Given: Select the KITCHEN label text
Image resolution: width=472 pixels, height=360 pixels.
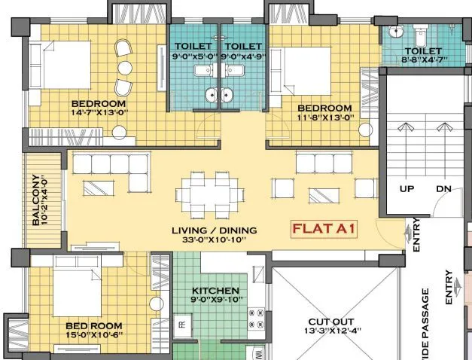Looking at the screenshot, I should (x=215, y=291).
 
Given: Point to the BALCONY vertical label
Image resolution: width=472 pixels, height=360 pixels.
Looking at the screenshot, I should (x=36, y=200).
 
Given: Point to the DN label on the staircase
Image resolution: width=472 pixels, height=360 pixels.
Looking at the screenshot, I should (x=443, y=188).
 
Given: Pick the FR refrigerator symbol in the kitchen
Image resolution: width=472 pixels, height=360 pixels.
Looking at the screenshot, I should (x=181, y=325).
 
